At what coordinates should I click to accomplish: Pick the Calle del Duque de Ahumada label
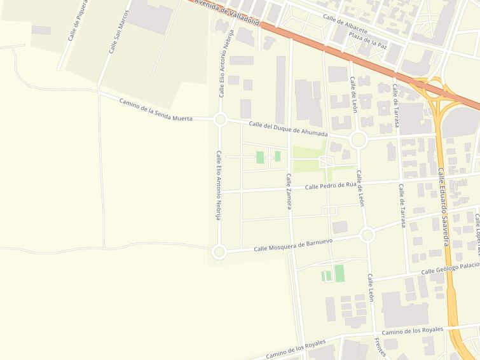tap(288, 129)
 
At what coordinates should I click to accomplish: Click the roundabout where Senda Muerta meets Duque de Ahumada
tap(221, 119)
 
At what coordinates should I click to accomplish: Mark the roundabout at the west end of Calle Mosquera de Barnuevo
tap(219, 252)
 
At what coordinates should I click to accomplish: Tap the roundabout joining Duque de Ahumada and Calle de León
tap(358, 139)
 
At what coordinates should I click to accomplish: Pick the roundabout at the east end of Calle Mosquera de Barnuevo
tap(367, 235)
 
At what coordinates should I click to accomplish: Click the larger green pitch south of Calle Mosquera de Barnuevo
tap(339, 273)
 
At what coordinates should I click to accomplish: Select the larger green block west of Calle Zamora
tap(260, 157)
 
